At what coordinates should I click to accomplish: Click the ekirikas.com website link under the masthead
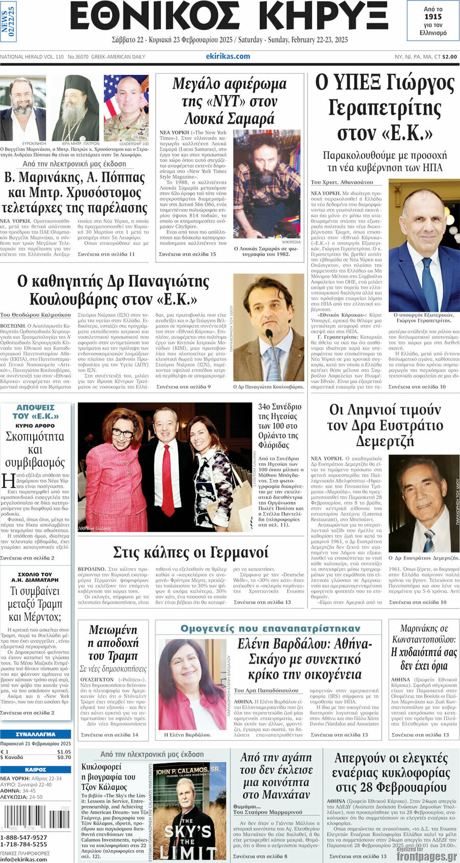228,56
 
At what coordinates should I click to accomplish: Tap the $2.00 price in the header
450,57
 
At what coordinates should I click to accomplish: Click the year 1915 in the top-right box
433,17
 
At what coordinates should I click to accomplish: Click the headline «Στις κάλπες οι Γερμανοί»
190,553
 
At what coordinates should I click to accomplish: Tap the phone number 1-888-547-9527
24,837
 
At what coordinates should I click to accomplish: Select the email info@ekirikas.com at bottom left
24,859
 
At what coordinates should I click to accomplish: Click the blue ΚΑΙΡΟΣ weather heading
35,769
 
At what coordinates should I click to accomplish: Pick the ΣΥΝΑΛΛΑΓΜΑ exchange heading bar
35,734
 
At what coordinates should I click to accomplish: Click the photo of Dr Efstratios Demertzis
424,504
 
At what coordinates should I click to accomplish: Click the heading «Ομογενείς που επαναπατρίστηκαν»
270,628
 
